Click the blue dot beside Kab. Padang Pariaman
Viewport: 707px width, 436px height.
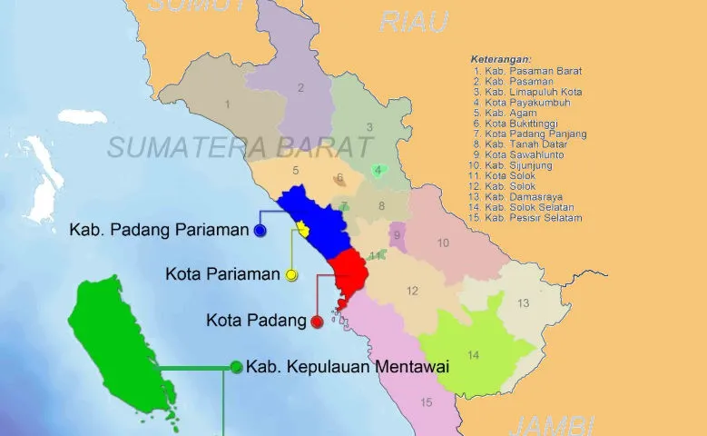point(260,231)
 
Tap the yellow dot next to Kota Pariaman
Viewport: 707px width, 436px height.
point(291,274)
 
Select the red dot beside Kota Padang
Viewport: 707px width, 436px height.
point(316,322)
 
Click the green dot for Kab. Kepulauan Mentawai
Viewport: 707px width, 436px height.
point(236,367)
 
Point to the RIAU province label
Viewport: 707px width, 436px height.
point(415,22)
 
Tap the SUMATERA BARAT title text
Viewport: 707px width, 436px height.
point(240,146)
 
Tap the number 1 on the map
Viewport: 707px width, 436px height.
point(227,104)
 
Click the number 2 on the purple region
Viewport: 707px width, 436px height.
point(300,88)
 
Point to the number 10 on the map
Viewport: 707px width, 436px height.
point(443,243)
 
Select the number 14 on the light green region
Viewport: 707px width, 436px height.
point(473,354)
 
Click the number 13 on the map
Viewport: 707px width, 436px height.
point(524,303)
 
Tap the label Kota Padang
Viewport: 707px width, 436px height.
point(256,321)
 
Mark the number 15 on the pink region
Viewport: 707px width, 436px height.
point(427,401)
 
